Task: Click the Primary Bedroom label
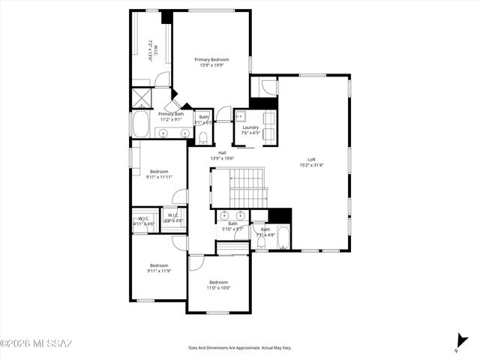pos(211,59)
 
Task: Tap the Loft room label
pos(311,159)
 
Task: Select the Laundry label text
pos(250,127)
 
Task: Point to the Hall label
pos(222,153)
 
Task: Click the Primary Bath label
pos(171,114)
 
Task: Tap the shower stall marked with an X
pos(140,98)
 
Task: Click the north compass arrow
pos(459,341)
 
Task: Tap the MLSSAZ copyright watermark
pos(36,343)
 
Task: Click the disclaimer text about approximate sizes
pos(240,347)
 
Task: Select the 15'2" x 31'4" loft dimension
pos(311,165)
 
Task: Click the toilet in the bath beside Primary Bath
pos(204,136)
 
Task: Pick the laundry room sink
pos(241,118)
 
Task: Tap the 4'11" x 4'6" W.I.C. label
pos(143,220)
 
